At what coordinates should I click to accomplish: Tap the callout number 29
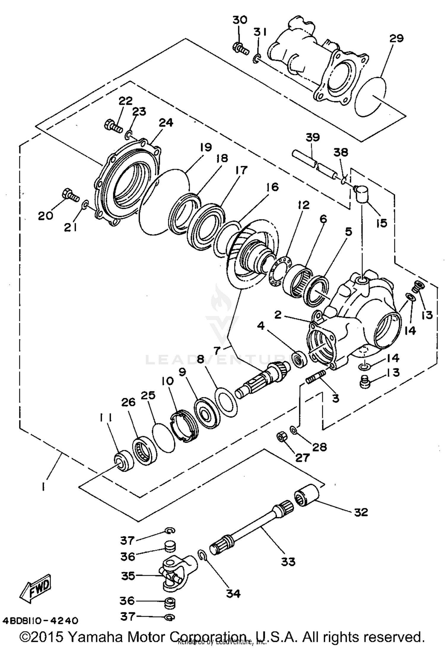(x=397, y=38)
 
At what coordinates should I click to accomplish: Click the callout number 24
(x=166, y=122)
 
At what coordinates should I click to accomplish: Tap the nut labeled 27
(x=281, y=436)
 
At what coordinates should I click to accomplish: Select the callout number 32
(x=361, y=512)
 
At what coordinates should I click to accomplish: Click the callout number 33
(x=288, y=561)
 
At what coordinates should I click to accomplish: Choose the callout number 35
(x=128, y=576)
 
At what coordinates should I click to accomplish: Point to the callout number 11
(x=105, y=418)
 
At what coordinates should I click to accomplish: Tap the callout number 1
(x=43, y=487)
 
